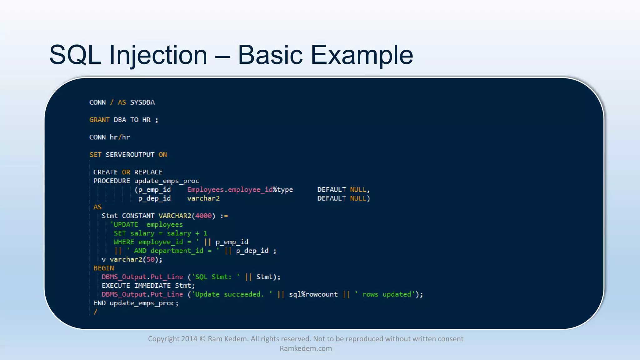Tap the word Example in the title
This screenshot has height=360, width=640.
pos(362,55)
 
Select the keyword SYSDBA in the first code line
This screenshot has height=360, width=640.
pos(142,102)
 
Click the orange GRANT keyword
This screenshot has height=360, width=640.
pos(99,120)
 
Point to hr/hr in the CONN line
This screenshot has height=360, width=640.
pos(120,137)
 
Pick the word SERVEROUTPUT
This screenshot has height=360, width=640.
pos(130,155)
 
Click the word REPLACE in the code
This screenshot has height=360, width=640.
pos(148,172)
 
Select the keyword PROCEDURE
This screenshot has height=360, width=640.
pos(112,181)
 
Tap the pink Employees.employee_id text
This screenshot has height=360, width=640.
pos(230,190)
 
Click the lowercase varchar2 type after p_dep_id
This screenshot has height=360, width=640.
pos(203,198)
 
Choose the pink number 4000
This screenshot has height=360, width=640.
pos(203,216)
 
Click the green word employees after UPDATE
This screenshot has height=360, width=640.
pos(164,225)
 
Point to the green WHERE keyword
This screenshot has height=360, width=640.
pos(124,242)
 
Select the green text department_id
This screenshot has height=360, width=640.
pos(177,251)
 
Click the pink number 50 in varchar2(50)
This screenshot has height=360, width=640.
pos(151,260)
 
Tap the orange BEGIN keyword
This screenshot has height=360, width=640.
pos(104,268)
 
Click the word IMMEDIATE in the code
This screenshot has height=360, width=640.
pos(152,286)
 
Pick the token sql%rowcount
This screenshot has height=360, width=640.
pos(313,294)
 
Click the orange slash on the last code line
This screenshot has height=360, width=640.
pos(96,312)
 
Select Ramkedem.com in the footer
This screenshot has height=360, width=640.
pos(306,348)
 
